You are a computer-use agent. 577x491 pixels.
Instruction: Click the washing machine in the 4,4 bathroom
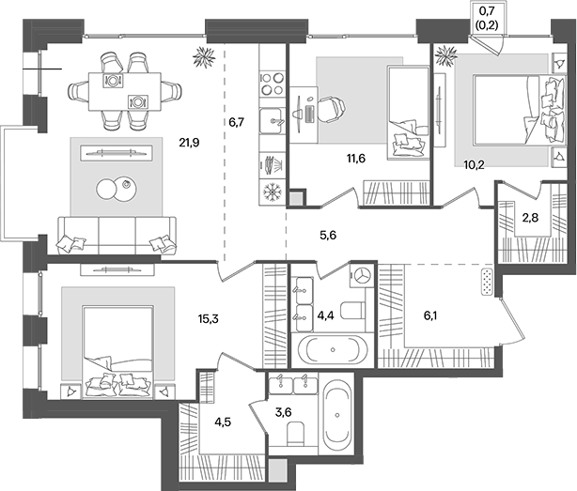tap(362, 276)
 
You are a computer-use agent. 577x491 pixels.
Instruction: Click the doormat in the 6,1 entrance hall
tap(487, 280)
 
